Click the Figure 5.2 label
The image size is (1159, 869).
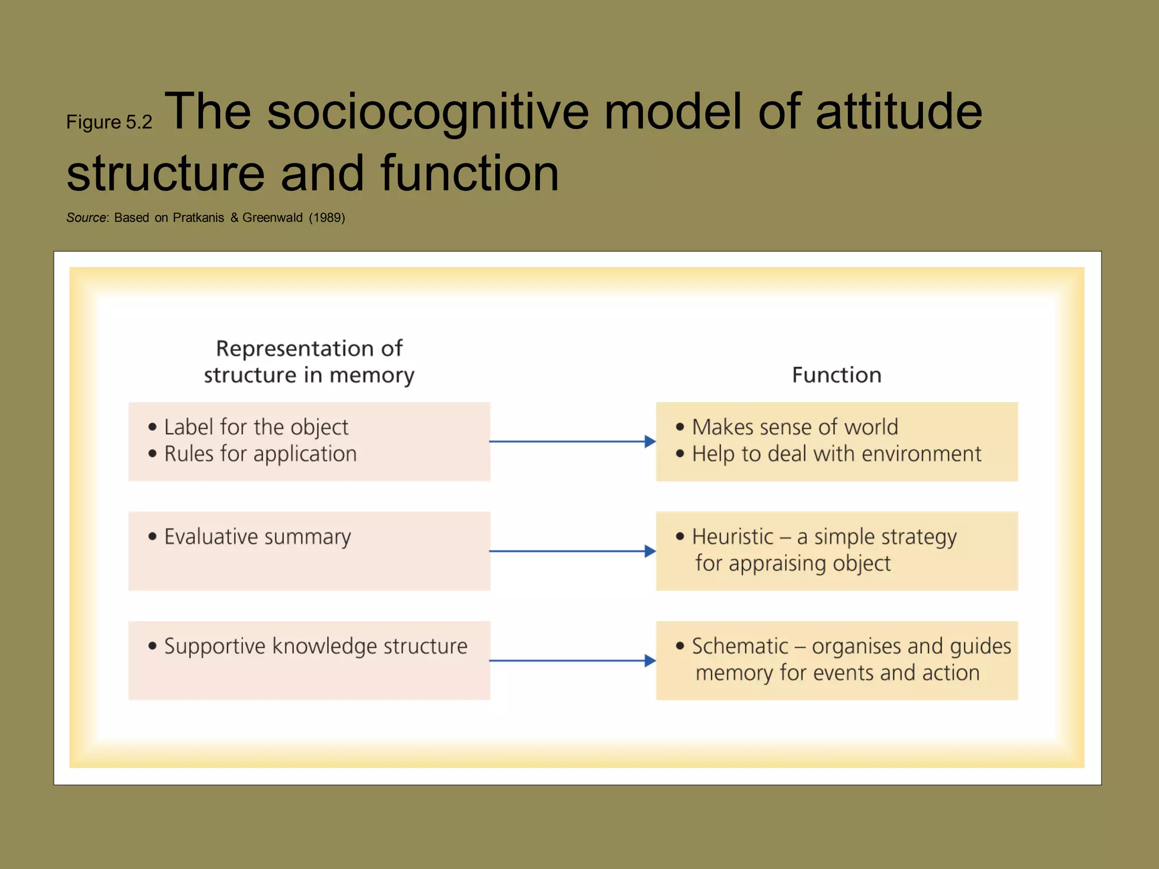pyautogui.click(x=109, y=122)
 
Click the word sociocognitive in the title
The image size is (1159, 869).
pyautogui.click(x=427, y=111)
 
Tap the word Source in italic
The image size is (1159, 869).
pyautogui.click(x=86, y=218)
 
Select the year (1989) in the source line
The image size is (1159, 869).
pyautogui.click(x=327, y=218)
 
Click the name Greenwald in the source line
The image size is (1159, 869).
pyautogui.click(x=272, y=218)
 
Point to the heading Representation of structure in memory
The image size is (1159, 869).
pyautogui.click(x=309, y=362)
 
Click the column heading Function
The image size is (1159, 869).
pyautogui.click(x=836, y=375)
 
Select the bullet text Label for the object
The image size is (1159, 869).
pyautogui.click(x=256, y=427)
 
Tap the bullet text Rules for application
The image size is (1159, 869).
pyautogui.click(x=260, y=454)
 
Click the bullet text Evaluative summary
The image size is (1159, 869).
pyautogui.click(x=257, y=537)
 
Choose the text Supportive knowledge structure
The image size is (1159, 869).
pyautogui.click(x=316, y=646)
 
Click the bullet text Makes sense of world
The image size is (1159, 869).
pyautogui.click(x=795, y=427)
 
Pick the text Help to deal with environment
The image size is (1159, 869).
pyautogui.click(x=836, y=454)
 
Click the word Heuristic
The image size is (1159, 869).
pyautogui.click(x=732, y=537)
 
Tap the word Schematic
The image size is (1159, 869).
pyautogui.click(x=740, y=646)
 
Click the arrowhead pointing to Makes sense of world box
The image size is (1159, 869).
pyautogui.click(x=650, y=441)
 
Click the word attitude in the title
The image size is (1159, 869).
pyautogui.click(x=898, y=111)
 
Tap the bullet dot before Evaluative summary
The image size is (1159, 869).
pyautogui.click(x=152, y=536)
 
